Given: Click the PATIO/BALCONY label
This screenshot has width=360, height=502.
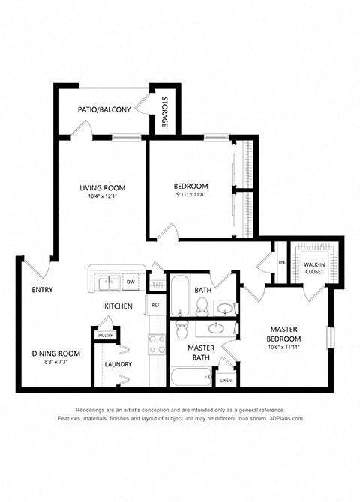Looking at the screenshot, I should [x=104, y=110].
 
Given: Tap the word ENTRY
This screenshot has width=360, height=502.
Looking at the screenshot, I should [x=41, y=290].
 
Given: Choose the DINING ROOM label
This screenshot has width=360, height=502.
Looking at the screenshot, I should [x=55, y=354].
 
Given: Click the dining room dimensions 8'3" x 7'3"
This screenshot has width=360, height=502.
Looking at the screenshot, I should [x=55, y=363].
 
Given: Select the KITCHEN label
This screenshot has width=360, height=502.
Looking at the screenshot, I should [x=118, y=306].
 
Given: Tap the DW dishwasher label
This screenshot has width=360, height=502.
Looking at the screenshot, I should [x=130, y=282].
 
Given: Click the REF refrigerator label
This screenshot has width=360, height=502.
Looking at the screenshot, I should [x=156, y=305].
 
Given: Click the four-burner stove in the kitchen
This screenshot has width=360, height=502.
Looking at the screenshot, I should [x=157, y=344].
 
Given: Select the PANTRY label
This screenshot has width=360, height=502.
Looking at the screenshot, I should [x=105, y=336].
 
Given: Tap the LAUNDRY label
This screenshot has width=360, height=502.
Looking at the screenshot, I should [x=118, y=365].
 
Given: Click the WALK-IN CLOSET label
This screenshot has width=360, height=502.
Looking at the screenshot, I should [x=313, y=268].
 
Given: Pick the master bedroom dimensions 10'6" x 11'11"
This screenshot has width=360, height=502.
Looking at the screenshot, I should [x=285, y=347].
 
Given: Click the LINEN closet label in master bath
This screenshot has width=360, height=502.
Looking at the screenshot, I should [x=226, y=381].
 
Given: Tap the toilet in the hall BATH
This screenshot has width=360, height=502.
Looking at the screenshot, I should [x=202, y=305].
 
